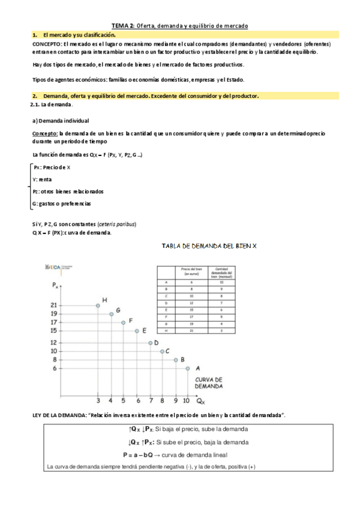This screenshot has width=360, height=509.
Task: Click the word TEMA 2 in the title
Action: (122, 26)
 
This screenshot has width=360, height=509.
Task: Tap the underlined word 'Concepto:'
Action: (45, 133)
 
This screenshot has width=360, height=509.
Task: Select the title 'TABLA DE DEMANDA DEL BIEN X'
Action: (209, 246)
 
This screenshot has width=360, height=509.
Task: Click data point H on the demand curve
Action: (98, 306)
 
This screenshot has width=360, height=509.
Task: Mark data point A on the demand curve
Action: (188, 369)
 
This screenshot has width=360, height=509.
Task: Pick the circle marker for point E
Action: (137, 331)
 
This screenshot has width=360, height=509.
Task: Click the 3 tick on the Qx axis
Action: (98, 400)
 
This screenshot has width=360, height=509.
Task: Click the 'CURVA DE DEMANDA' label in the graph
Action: (209, 383)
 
